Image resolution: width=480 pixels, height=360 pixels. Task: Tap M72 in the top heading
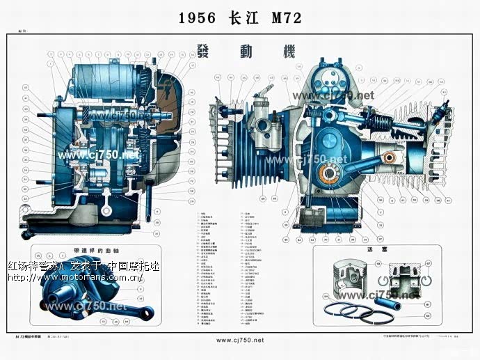pos(286,19)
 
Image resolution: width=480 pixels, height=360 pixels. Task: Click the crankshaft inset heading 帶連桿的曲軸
pos(97,250)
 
